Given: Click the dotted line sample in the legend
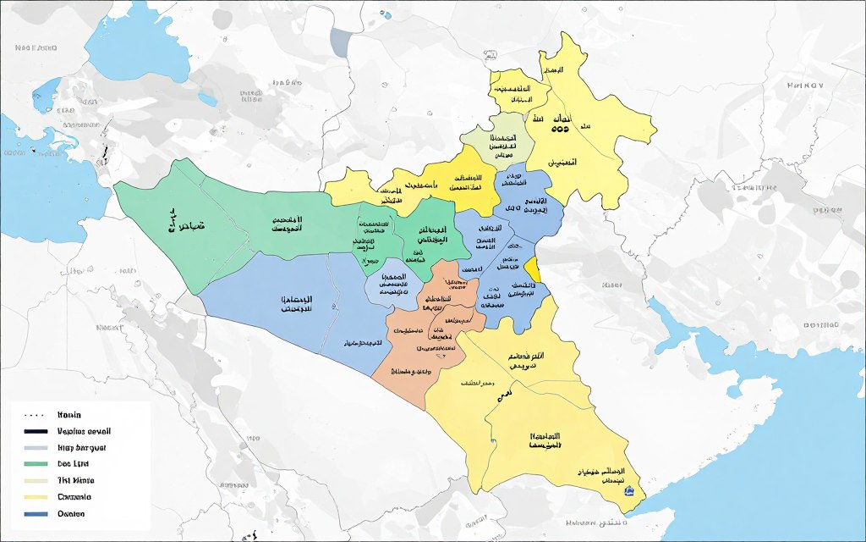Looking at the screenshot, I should click(x=34, y=416).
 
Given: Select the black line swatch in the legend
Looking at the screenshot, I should click(x=34, y=432).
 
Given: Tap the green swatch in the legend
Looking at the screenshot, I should click(x=34, y=464).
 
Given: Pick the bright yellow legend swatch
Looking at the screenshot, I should click(x=34, y=497).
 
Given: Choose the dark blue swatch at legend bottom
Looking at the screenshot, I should click(x=34, y=514).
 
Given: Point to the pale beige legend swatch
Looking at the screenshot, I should click(x=34, y=480).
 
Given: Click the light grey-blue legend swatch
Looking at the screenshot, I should click(x=34, y=448).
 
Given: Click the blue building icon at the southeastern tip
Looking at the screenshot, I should click(x=628, y=490).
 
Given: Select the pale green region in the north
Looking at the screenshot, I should click(x=502, y=141).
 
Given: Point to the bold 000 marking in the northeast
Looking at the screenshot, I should click(x=560, y=130).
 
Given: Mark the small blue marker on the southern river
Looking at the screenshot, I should click(x=492, y=441).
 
